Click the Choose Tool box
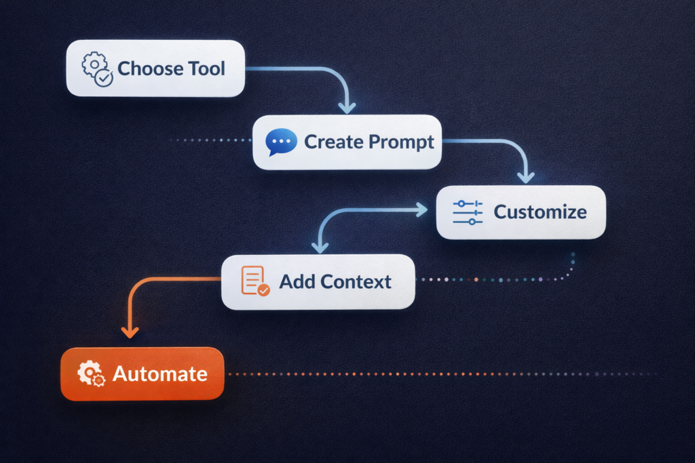click(x=155, y=68)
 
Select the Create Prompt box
click(x=347, y=142)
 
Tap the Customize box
click(x=521, y=212)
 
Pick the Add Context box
click(x=318, y=281)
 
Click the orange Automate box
click(x=142, y=374)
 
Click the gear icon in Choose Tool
click(x=97, y=68)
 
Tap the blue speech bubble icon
click(x=280, y=142)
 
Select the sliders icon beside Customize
click(x=467, y=212)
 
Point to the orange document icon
click(x=255, y=281)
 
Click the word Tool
click(x=207, y=68)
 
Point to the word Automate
click(x=160, y=374)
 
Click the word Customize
click(x=540, y=212)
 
